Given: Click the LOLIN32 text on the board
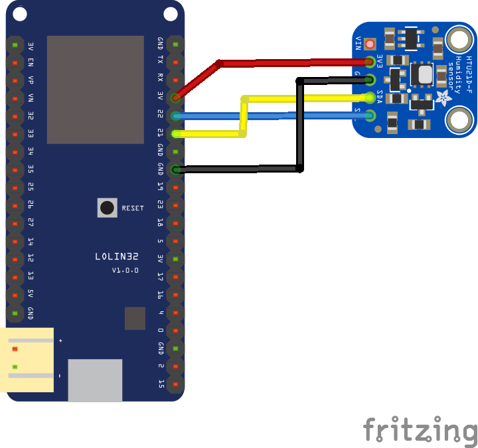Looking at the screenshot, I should (116, 256).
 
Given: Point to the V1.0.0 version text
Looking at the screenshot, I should (125, 270).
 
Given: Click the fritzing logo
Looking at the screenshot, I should (420, 429).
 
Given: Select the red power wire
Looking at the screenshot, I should (285, 64).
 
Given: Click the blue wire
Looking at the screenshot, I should (266, 116).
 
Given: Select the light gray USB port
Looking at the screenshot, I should (95, 380).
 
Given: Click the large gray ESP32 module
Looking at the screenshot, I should (95, 90).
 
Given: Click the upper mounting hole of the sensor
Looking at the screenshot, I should (459, 40).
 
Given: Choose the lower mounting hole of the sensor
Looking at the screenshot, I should (459, 120).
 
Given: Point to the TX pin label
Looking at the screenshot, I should (160, 60).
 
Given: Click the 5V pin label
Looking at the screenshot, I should (31, 293).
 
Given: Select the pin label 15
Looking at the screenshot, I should (160, 383).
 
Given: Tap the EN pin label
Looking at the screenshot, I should (31, 62).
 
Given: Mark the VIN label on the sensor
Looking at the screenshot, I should (358, 43).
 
